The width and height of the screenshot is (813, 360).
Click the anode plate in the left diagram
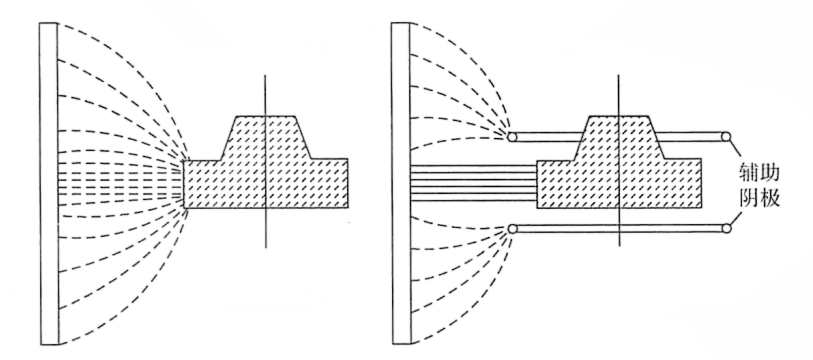coord(49,184)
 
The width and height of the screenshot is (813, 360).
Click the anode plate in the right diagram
coord(401,184)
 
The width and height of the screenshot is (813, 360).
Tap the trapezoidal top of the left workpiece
coord(265,138)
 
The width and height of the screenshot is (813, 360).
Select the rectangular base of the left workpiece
coord(265,184)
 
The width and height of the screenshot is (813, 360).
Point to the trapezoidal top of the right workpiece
coord(618,138)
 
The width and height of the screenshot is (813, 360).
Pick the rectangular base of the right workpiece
coord(619,184)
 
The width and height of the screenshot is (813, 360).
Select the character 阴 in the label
coord(748,199)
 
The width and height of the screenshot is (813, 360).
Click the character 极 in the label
coord(769,199)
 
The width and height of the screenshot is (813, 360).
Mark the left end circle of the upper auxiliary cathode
coord(512,137)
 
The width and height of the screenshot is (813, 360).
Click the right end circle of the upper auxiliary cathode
coord(726,137)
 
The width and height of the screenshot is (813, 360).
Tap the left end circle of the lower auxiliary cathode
coord(512,228)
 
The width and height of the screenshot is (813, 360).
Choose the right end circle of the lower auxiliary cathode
coord(726,228)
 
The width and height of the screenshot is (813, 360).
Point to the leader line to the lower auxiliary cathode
coord(734,217)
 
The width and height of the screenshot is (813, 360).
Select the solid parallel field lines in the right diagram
coord(473,183)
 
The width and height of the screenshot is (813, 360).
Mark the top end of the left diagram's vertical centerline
coord(265,75)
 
